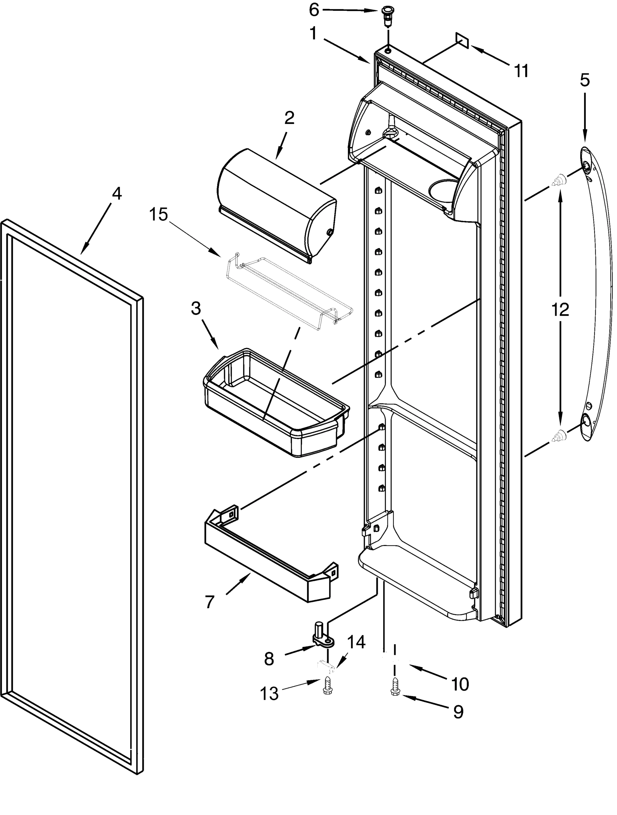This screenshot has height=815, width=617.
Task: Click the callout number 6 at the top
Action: coord(314,10)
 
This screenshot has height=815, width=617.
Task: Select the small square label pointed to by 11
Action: coord(462,40)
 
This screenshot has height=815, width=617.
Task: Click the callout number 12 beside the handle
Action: coord(560,310)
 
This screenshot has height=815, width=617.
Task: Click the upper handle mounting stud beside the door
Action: coord(559,181)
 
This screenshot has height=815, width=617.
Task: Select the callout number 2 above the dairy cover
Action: coord(289,118)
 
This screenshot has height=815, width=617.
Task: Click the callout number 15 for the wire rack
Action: coord(158,214)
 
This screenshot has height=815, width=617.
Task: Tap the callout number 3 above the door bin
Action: coord(196,308)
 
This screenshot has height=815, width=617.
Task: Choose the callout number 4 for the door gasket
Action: coord(117,194)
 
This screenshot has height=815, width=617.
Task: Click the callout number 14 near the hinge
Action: coord(356,641)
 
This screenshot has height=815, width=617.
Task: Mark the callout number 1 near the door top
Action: coord(313,34)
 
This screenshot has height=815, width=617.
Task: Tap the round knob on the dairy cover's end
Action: coord(329,232)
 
